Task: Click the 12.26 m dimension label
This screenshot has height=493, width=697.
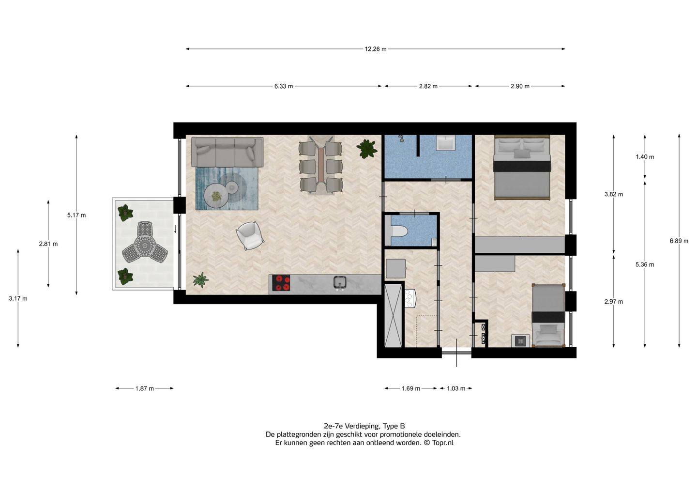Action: pos(376,49)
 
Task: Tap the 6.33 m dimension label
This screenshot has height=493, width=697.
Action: pos(284,86)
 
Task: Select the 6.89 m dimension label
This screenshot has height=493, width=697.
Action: pos(679,241)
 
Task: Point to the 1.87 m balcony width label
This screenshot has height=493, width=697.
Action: pos(144,388)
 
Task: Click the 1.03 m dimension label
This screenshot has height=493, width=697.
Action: pos(456,388)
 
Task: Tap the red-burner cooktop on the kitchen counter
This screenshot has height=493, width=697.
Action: pos(281,283)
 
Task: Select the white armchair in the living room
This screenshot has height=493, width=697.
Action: pos(250,236)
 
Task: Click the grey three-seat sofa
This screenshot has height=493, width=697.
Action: pos(227,152)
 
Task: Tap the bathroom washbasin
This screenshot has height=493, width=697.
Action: pos(446,143)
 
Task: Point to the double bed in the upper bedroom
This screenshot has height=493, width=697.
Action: pos(522,168)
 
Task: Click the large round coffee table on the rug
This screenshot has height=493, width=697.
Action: pos(216,196)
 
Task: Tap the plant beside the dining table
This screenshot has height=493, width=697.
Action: pos(367,149)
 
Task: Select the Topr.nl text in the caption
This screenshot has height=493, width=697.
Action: pos(443,443)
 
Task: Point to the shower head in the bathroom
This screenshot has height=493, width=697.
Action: pos(402,139)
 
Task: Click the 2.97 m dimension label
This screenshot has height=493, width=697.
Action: pos(614,302)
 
